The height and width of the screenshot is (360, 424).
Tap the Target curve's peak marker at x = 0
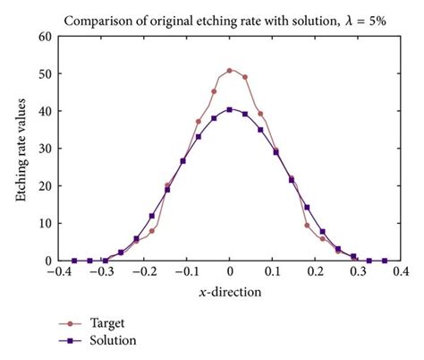click(x=230, y=70)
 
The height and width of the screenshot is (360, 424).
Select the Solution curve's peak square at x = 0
click(x=230, y=109)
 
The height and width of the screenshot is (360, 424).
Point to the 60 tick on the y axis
click(x=45, y=37)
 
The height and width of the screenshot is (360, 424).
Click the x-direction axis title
click(x=230, y=292)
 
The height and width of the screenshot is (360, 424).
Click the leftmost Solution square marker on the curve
click(x=73, y=261)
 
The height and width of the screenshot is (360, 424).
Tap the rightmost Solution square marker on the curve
click(x=386, y=261)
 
